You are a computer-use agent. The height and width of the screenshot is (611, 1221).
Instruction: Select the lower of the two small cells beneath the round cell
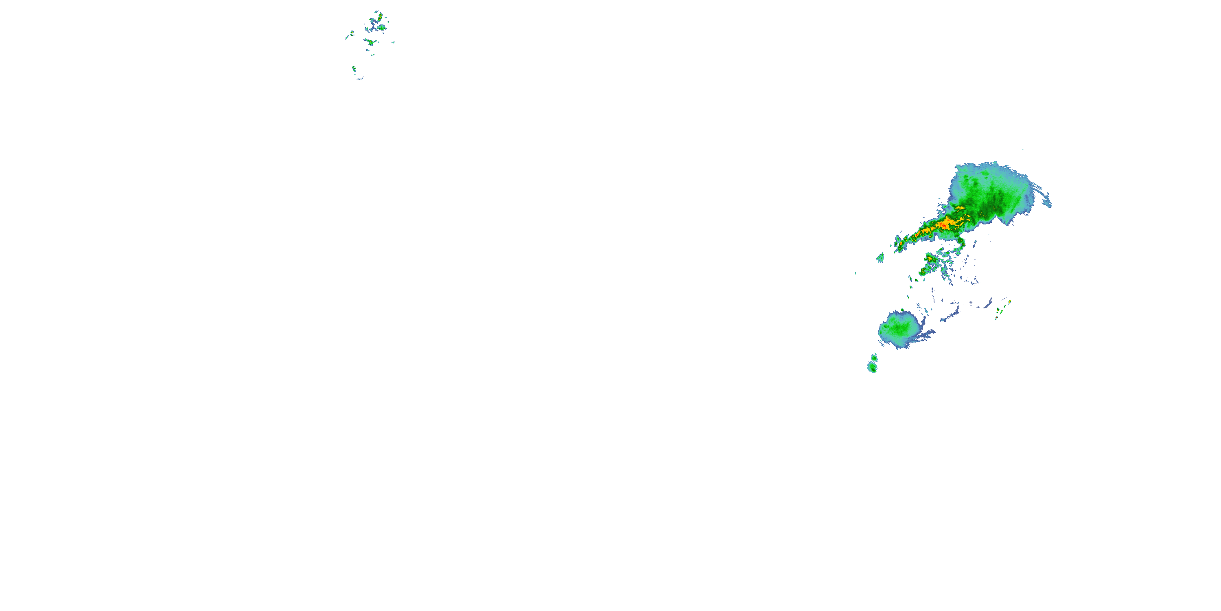pos(872,367)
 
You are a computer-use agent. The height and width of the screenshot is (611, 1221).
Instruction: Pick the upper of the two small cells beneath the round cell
pos(874,357)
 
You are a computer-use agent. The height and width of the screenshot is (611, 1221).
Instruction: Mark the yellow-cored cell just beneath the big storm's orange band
pos(930,259)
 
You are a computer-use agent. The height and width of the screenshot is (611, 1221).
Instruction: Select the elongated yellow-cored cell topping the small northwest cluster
pos(379,18)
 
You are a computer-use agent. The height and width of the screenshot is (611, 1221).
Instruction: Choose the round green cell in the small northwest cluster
pos(382,28)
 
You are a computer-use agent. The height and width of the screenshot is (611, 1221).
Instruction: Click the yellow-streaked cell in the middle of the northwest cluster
pos(370,42)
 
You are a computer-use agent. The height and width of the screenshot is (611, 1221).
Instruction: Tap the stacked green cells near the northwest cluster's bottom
pos(354,69)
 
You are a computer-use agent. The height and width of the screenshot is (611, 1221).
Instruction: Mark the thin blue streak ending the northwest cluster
pos(360,79)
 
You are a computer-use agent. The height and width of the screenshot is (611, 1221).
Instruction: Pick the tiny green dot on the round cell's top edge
pos(902,310)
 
